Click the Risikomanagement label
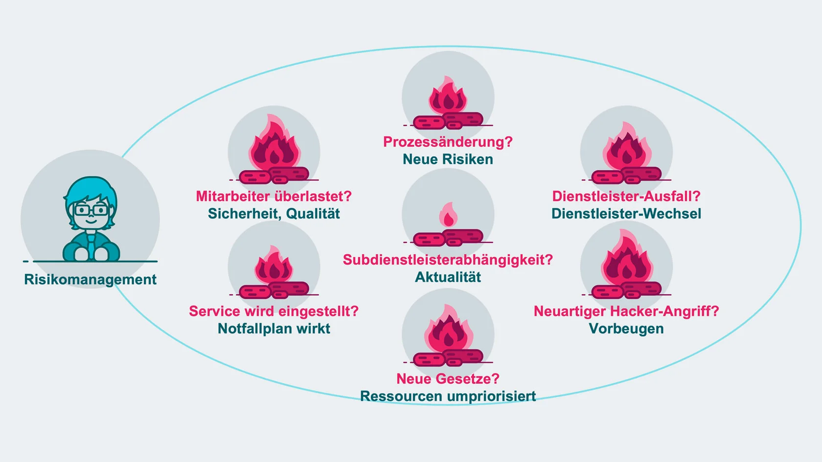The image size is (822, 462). tap(90, 280)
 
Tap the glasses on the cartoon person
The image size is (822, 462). tap(91, 211)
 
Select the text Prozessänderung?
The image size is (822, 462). tap(448, 142)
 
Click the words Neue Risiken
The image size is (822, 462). tap(448, 159)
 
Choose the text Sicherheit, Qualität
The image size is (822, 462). tap(274, 214)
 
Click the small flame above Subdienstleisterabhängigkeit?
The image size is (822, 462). tap(448, 215)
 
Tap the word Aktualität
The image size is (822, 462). tap(448, 277)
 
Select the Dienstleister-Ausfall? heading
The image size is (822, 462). tap(626, 197)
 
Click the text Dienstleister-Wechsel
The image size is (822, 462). tap(626, 214)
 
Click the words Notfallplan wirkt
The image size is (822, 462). tap(274, 329)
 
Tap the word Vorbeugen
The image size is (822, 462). tap(626, 329)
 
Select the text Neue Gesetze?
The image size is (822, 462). tap(448, 379)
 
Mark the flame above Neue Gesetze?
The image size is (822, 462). tap(448, 330)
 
